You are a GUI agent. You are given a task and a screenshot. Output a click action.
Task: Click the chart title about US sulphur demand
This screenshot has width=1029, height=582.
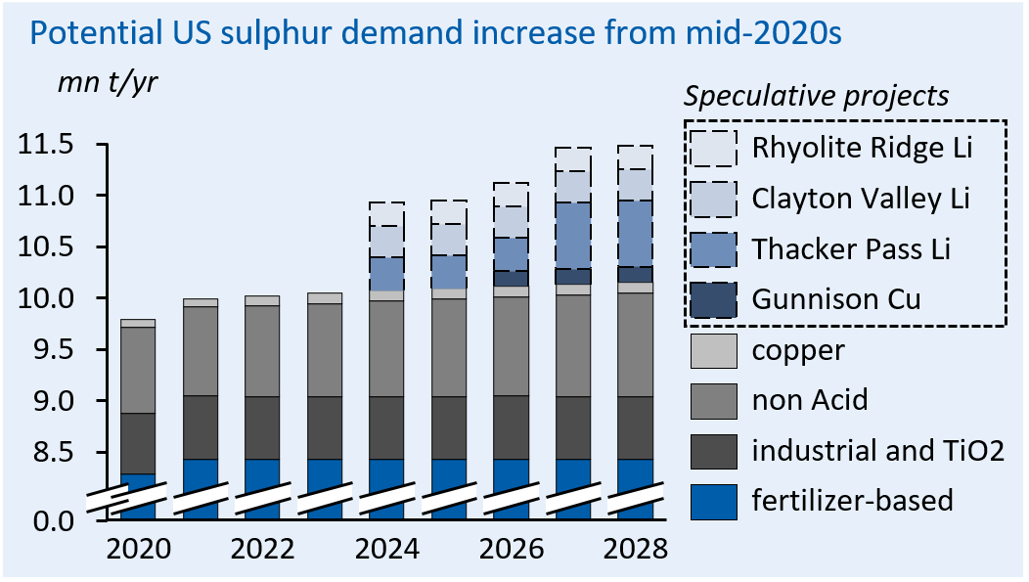pos(435,34)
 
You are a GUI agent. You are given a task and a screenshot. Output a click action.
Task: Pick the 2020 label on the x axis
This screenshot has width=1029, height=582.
pos(139,549)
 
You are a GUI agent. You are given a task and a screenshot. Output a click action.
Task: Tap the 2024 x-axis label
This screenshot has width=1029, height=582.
pos(385,549)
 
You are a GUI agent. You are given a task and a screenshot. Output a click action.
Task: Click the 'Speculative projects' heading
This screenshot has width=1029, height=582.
pos(817,97)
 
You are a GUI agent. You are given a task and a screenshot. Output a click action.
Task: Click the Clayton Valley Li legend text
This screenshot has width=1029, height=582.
pos(861,199)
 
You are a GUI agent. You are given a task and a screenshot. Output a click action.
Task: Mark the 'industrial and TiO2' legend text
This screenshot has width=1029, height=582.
pos(877,451)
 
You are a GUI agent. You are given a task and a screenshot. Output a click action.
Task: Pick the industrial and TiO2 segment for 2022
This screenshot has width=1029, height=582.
pos(262,427)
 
